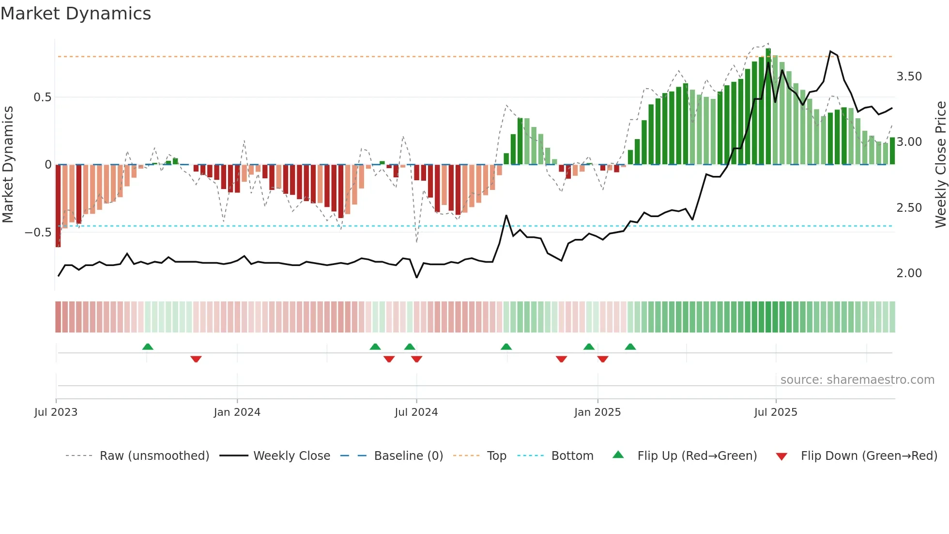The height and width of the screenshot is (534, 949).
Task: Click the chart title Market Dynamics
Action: [x=76, y=14]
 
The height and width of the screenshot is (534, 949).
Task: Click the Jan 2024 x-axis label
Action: [x=237, y=412]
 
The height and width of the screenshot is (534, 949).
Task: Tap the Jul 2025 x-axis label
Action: [x=775, y=412]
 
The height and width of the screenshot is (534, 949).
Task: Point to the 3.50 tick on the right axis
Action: [x=909, y=77]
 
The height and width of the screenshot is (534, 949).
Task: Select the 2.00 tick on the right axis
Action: [x=909, y=273]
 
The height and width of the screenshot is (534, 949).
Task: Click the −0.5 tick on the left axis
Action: [x=38, y=233]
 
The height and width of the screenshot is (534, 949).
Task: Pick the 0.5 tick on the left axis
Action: [x=42, y=97]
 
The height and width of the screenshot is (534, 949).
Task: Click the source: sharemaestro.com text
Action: [x=857, y=380]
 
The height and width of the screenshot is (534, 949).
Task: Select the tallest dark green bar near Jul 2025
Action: [x=768, y=107]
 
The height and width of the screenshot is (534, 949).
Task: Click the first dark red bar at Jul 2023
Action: [x=58, y=206]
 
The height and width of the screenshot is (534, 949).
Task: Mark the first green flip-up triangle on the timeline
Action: [x=148, y=346]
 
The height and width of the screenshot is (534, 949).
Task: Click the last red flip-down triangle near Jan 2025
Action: [x=602, y=359]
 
